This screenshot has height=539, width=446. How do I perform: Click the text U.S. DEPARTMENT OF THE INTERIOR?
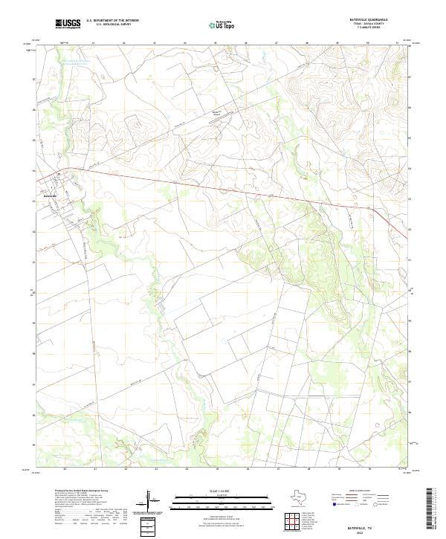112,20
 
